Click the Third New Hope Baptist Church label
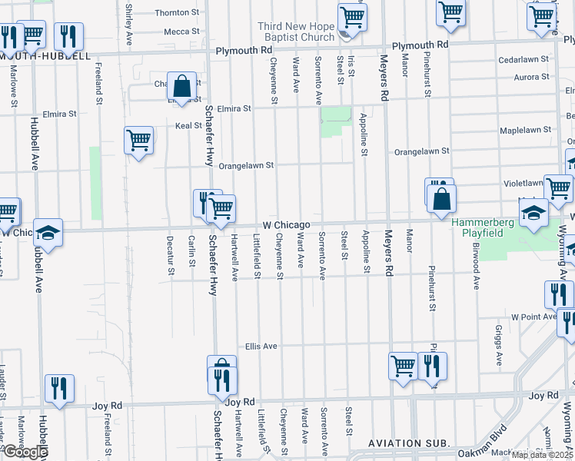coord(296,32)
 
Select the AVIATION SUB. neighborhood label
coord(404,443)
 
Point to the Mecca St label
coord(181,32)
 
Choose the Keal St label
coord(188,125)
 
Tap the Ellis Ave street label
coord(261,347)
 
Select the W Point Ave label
coord(533,317)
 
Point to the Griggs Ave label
coord(499,345)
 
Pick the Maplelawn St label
coord(525,130)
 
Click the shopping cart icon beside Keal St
coord(138,141)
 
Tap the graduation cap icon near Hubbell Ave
coord(48,232)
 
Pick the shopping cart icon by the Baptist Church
coord(352,15)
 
